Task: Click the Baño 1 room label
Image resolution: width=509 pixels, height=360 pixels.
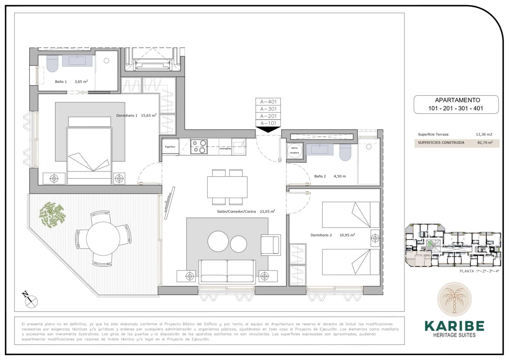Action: pos(61,82)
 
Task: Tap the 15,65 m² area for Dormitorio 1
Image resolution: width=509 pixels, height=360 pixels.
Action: pos(149,116)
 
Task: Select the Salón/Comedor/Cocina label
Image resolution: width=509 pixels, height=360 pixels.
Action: pos(236,211)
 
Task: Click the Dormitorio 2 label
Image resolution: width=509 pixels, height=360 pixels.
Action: pos(321,235)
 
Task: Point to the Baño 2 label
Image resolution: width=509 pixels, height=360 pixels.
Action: pos(320,176)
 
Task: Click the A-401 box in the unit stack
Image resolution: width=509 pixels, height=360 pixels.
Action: pos(268,102)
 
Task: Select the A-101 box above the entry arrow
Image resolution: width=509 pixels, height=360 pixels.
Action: pos(268,123)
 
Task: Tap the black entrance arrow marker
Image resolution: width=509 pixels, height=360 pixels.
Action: pos(268,130)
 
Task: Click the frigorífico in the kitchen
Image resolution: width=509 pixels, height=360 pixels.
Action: pos(170,147)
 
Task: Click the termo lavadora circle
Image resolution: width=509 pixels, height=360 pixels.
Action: pos(295,150)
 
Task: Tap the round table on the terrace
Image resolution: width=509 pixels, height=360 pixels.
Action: pos(103,238)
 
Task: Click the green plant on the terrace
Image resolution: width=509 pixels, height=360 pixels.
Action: pos(52,215)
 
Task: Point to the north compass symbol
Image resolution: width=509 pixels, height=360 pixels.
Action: pos(30,300)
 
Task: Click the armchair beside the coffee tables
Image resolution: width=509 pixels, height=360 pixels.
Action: pos(270,245)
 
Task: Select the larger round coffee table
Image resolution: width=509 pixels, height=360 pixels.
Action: pos(218,241)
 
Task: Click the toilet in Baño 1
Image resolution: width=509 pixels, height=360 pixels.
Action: pos(52,65)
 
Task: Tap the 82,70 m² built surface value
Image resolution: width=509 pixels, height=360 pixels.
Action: pos(485,143)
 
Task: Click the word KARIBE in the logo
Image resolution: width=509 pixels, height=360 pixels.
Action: pos(454,326)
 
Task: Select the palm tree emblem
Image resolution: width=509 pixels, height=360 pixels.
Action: pos(454,299)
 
